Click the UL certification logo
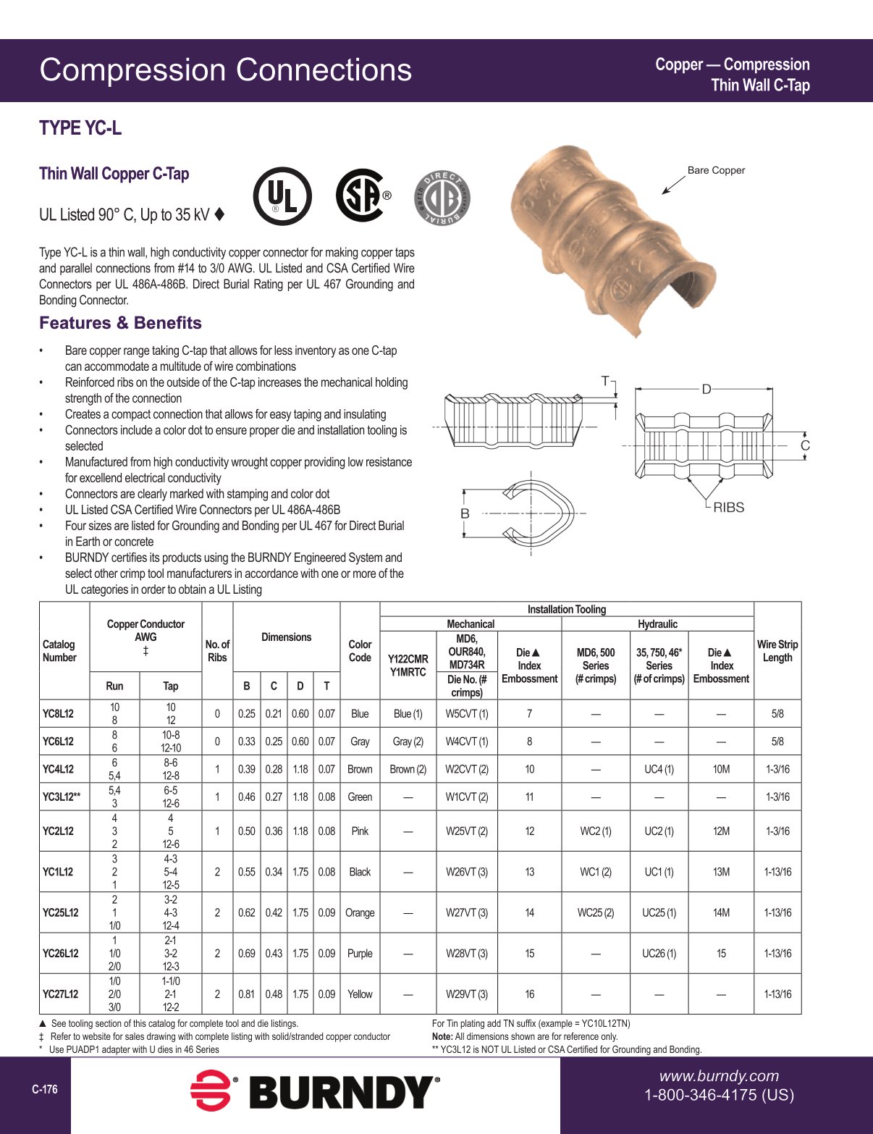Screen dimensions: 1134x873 tap(282, 197)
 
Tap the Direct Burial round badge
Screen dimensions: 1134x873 tap(441, 197)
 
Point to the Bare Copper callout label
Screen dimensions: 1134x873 tap(715, 170)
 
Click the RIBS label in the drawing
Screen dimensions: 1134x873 tap(728, 508)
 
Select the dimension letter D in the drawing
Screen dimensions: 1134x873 tap(707, 390)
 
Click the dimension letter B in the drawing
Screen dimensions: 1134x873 tap(465, 513)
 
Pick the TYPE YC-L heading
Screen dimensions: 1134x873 tap(80, 128)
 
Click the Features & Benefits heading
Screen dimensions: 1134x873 tap(120, 323)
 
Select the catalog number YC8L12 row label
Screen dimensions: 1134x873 tap(58, 713)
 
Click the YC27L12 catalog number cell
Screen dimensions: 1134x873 tap(60, 994)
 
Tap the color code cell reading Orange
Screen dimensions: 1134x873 tap(360, 912)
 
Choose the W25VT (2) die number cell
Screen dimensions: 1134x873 tap(467, 831)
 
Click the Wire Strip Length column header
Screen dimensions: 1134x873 tap(777, 651)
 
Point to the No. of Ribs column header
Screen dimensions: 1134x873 tap(217, 651)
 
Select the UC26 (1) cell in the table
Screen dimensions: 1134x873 tap(659, 954)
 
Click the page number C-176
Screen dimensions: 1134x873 tap(44, 1089)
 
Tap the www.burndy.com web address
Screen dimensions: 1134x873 tap(718, 1076)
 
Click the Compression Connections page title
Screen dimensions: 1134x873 tap(225, 70)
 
